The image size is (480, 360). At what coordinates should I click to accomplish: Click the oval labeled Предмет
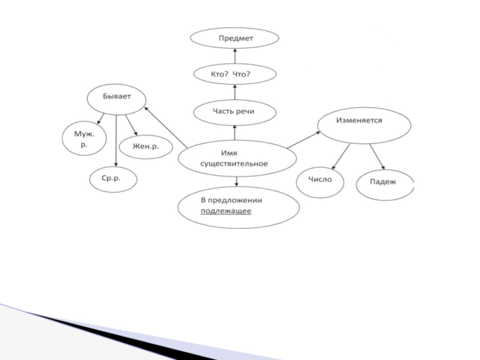(235, 39)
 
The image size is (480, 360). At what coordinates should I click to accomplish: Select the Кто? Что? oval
(235, 74)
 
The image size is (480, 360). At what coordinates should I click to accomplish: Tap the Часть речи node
(235, 112)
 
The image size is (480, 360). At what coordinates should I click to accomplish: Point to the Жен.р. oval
(145, 146)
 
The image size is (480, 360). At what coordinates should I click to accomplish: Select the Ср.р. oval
(113, 179)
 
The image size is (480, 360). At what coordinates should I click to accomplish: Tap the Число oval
(320, 179)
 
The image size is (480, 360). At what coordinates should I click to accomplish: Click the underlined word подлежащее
(226, 212)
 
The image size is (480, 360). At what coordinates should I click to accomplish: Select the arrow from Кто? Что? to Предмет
(235, 57)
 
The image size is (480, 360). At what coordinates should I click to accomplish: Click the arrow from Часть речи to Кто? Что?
(235, 93)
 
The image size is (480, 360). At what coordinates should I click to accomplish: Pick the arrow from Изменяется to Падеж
(377, 157)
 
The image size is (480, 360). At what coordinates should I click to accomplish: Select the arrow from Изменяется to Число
(341, 157)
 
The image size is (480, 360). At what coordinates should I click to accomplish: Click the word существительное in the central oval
(238, 163)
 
